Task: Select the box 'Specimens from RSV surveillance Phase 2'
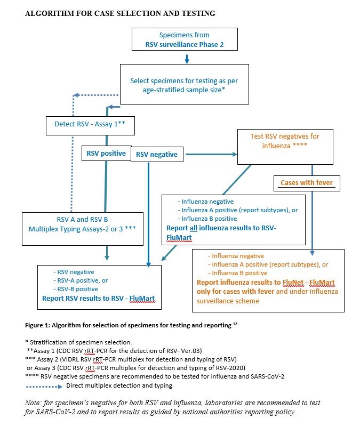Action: (184, 40)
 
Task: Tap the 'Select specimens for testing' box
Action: (184, 84)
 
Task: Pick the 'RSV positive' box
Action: (106, 154)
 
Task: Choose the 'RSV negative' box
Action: (157, 155)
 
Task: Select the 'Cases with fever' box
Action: (307, 183)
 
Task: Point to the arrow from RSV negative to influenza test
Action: (211, 155)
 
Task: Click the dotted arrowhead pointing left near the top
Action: (76, 95)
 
